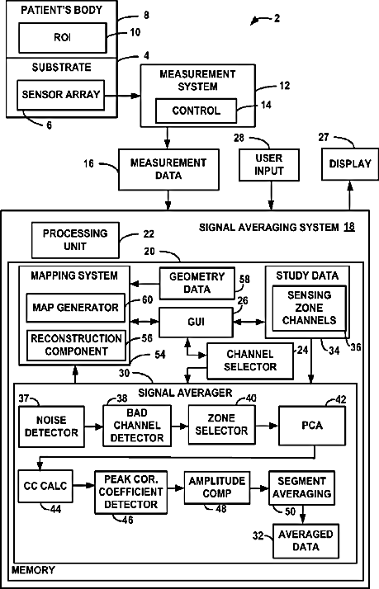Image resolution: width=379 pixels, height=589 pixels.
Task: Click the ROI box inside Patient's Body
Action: coord(63,38)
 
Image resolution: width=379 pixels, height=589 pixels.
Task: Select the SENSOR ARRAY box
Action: coord(60,95)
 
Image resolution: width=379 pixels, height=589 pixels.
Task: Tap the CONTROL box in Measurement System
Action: coord(196,111)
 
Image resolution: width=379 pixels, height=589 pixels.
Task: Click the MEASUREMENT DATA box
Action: coord(168,169)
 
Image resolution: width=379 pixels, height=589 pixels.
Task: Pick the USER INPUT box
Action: coord(269,164)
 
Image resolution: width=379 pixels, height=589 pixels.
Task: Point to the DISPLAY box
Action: coord(349,164)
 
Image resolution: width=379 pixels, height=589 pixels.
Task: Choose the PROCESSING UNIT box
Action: coord(75,240)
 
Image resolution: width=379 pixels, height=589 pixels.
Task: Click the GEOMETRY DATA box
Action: coord(197,283)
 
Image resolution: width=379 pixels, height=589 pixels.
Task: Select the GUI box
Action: coord(196,322)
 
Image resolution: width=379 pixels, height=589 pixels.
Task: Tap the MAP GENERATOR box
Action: coord(75,308)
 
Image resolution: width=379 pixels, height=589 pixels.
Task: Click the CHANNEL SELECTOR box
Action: coord(250,360)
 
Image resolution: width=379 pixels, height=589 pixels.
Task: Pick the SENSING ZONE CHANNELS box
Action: coord(309,308)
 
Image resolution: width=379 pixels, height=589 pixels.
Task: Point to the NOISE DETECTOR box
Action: coord(51,426)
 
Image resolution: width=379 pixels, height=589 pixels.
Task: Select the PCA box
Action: coord(311,426)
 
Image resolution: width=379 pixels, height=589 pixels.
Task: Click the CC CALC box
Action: coord(45,486)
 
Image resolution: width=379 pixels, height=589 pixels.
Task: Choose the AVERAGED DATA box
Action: coord(306,540)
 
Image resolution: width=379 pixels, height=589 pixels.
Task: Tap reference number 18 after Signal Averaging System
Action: coord(349,227)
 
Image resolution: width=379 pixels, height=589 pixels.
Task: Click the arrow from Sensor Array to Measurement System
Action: coord(122,96)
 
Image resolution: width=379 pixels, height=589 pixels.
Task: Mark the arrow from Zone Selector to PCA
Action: coord(267,426)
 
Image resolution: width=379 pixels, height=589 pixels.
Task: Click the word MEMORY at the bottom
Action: coord(33,570)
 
